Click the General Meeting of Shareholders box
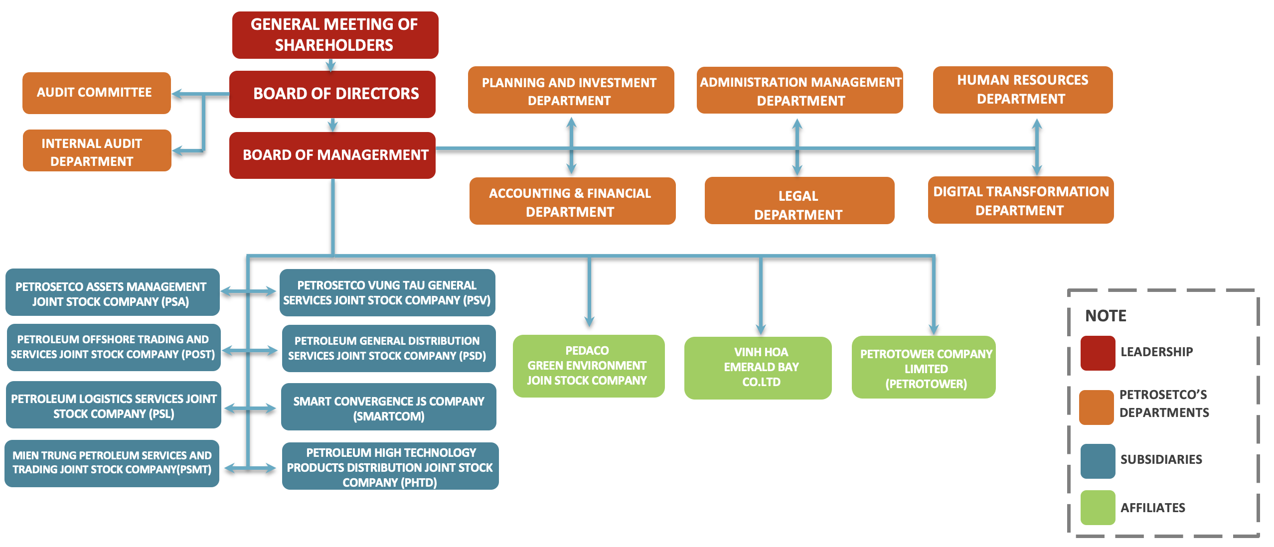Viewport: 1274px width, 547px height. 335,35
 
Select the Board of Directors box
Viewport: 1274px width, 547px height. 332,94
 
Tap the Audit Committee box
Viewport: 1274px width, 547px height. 96,93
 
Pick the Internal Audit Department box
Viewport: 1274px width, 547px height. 97,150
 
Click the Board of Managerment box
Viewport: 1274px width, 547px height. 332,155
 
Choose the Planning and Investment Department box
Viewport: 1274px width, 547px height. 571,90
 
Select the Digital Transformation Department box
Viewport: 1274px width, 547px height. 1020,200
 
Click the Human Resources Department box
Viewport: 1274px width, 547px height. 1022,90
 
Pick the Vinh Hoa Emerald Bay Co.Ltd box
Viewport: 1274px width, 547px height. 758,368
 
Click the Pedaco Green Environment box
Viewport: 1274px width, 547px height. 588,366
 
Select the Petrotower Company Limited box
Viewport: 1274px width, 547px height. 924,367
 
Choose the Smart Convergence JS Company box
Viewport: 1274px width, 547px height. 388,407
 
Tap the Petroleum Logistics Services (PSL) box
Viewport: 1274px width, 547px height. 113,405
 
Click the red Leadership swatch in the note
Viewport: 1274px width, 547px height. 1098,353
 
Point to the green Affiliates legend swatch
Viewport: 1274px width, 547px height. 1098,507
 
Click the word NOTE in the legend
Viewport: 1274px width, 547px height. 1106,316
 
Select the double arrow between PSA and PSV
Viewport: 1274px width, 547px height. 248,291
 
